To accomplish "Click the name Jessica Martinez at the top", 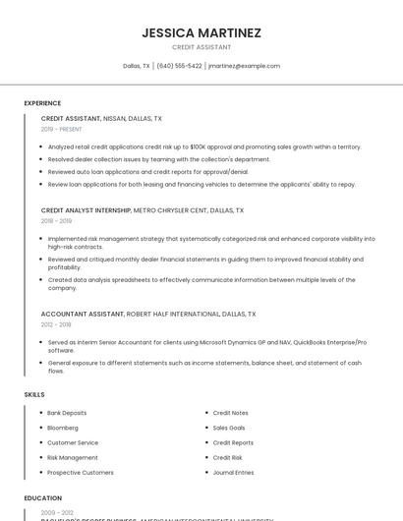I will (x=201, y=32).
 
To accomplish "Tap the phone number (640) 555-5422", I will (x=179, y=66).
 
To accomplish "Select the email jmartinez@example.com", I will (x=244, y=66).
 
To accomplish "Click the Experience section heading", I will (x=42, y=102).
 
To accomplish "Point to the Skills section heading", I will (x=34, y=394).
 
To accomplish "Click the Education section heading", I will (x=43, y=498).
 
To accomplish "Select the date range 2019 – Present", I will (x=62, y=129).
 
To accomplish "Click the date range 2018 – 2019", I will (x=56, y=221).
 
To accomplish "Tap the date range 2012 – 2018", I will (x=56, y=324).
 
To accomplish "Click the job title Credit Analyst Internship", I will (x=86, y=210).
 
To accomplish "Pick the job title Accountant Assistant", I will (x=83, y=314).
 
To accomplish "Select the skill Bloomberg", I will (x=63, y=428).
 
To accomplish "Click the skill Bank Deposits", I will (x=67, y=413).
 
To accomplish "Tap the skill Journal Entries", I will (x=233, y=472).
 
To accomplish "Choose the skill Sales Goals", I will (x=229, y=428).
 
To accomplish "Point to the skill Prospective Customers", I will (x=81, y=472).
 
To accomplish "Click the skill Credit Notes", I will (x=230, y=413).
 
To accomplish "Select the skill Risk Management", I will (x=73, y=457).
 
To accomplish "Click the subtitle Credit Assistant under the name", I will (x=201, y=47).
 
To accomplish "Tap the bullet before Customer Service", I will (x=41, y=442).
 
